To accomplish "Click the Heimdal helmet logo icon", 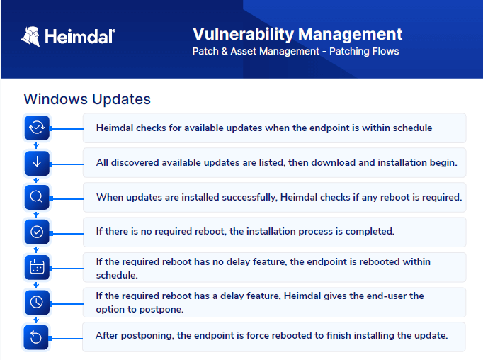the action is [30, 37].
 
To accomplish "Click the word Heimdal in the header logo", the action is [80, 37].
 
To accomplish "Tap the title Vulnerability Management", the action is [297, 34].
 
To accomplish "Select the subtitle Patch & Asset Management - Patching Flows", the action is [295, 51].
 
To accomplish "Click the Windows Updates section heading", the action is [87, 99].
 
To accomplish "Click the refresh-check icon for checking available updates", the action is [37, 128].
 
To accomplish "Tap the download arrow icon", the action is [37, 163].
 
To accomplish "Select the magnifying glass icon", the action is [37, 197].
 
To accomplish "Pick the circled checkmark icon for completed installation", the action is [37, 232].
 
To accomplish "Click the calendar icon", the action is [37, 267].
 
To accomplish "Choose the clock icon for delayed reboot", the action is [37, 302].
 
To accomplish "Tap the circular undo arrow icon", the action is [36, 337].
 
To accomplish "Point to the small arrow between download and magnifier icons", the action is [36, 180].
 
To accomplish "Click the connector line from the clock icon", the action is [67, 304].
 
